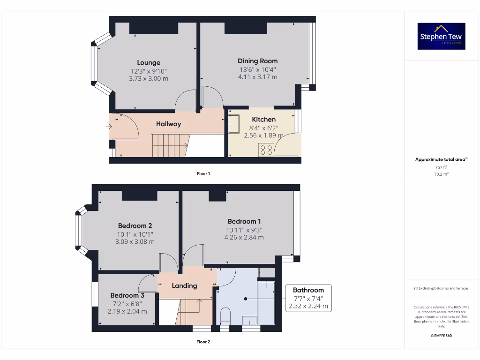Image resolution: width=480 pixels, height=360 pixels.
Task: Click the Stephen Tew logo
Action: [x=441, y=36]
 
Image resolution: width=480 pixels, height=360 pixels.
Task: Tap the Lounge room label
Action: [x=149, y=62]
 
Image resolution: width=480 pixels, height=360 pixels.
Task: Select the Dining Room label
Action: [x=257, y=61]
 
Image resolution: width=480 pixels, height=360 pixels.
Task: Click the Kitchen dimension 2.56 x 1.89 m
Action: [x=263, y=135]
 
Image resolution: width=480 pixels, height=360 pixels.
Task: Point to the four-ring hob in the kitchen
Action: [x=266, y=150]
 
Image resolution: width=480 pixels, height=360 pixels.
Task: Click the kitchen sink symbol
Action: [x=234, y=124]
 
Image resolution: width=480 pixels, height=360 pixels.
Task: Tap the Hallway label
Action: [x=168, y=124]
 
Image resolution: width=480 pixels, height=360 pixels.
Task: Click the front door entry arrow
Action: [x=109, y=126]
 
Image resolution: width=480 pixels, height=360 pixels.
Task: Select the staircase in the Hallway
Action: [x=169, y=145]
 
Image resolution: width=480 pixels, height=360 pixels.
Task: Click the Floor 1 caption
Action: [x=203, y=173]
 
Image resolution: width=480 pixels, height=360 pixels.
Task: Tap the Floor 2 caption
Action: [x=203, y=342]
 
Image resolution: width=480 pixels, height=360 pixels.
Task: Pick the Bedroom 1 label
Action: [x=244, y=221]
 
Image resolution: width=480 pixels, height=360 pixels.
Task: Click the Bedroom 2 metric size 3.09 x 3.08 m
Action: [x=135, y=242]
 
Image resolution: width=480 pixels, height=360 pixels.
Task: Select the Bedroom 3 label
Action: [x=127, y=295]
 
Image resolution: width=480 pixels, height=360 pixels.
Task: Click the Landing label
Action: [x=184, y=285]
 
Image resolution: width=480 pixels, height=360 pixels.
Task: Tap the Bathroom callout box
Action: [x=308, y=298]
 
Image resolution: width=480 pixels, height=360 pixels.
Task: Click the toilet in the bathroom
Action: [x=225, y=315]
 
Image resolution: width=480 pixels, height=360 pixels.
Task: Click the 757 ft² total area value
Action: [x=441, y=167]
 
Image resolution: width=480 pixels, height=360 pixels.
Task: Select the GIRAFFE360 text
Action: [x=441, y=336]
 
